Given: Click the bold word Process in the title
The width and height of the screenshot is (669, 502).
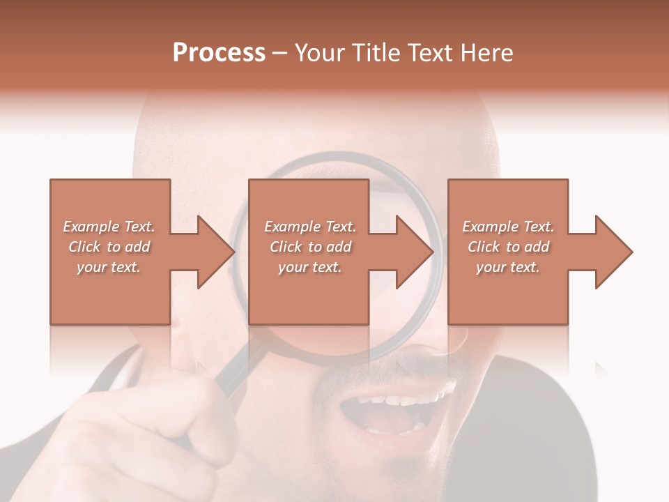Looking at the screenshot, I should coord(219,53).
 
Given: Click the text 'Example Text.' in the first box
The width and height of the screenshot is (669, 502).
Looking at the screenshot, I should coord(109,227).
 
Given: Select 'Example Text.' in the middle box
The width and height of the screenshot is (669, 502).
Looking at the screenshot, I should coord(309,227).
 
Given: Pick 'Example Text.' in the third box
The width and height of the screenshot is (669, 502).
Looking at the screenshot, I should coord(508,227).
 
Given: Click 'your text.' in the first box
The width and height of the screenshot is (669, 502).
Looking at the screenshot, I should coord(109,267).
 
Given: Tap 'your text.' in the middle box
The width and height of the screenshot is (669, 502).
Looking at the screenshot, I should coord(309,267).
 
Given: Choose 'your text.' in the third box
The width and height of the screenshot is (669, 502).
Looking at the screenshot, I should coord(508,267).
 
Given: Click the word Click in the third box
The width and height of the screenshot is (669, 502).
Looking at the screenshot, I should coord(484,247).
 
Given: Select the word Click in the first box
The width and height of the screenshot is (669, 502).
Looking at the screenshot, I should coord(84,247).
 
